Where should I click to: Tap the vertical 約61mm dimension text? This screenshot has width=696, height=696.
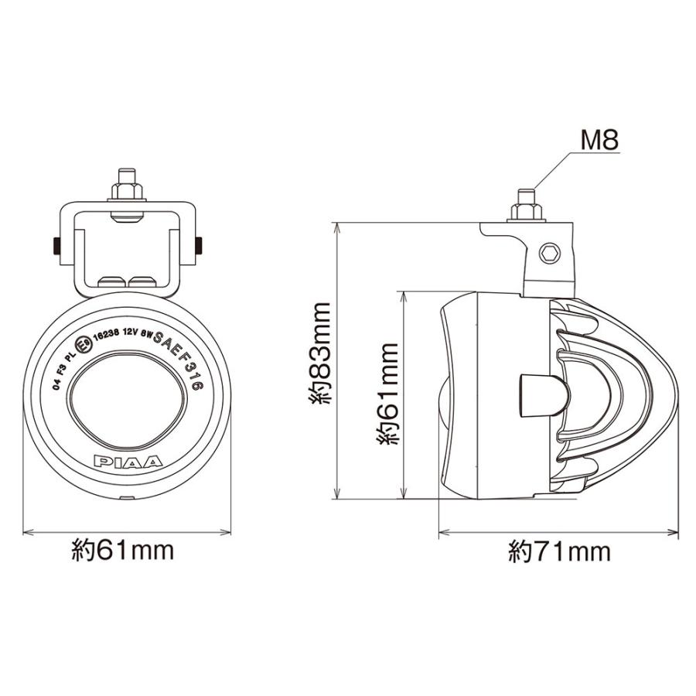[387, 394]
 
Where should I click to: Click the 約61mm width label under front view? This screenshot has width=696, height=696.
[122, 551]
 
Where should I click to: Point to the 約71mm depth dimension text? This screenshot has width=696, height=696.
[559, 551]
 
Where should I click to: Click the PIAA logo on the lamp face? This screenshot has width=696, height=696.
[128, 462]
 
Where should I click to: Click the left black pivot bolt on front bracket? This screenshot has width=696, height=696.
[57, 245]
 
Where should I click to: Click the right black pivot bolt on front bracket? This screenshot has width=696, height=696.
[200, 245]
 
